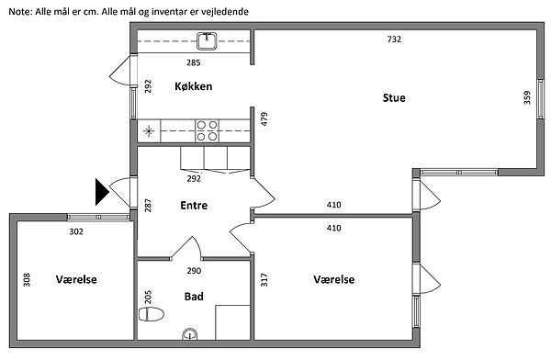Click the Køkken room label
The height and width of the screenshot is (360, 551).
[x=193, y=86]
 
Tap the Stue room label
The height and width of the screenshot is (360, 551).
[x=394, y=97]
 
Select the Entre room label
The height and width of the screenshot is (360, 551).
[x=194, y=206]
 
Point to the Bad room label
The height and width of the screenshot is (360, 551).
[x=194, y=297]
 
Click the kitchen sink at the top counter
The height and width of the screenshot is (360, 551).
[x=207, y=41]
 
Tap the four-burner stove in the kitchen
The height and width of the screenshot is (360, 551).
[x=207, y=130]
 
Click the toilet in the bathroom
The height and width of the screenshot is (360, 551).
[x=152, y=314]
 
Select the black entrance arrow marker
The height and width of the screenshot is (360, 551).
[x=102, y=192]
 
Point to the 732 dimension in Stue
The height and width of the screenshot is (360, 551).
[x=394, y=39]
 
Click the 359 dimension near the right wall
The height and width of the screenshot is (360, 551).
[x=527, y=97]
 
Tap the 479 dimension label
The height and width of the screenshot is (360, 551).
[x=264, y=118]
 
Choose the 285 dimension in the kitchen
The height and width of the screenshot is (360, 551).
[x=193, y=63]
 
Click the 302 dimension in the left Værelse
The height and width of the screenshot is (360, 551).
[x=76, y=231]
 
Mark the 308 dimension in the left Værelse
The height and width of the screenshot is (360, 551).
[x=27, y=280]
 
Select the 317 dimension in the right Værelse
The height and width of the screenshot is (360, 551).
[x=264, y=280]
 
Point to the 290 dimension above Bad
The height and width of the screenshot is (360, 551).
[x=194, y=271]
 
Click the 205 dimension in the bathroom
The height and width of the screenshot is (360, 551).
[x=148, y=297]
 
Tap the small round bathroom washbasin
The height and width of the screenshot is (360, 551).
[x=190, y=333]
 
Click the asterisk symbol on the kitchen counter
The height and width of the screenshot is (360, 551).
[x=149, y=131]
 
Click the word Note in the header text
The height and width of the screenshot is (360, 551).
[x=20, y=12]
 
